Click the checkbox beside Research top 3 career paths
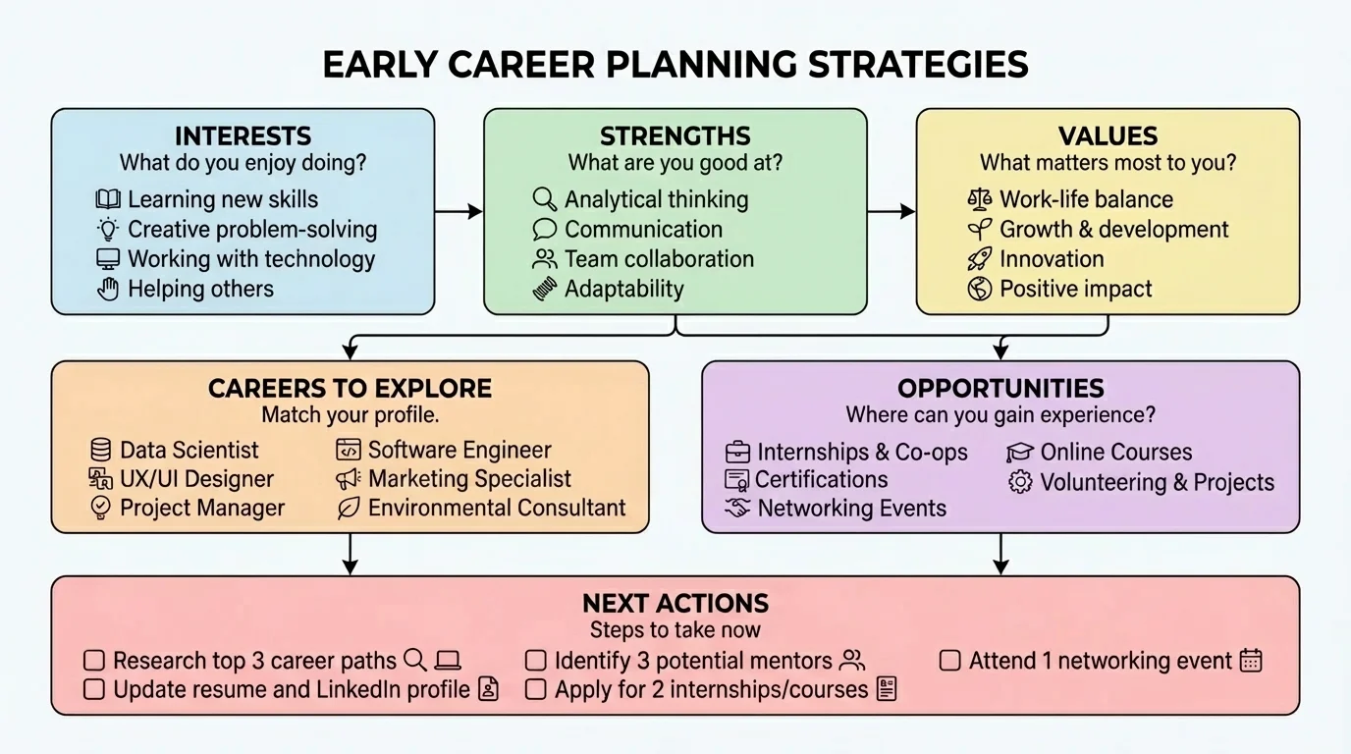click(94, 661)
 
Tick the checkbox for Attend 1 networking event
click(949, 661)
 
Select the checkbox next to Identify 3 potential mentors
click(535, 661)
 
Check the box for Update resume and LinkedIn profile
click(94, 690)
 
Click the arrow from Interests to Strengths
click(459, 211)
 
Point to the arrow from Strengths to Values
click(892, 211)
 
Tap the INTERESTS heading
click(243, 135)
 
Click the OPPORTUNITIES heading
click(1000, 388)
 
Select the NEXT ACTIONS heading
click(675, 603)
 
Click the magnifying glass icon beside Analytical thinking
click(544, 199)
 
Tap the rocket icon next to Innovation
click(979, 259)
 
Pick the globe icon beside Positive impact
click(979, 289)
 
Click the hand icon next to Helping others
click(108, 289)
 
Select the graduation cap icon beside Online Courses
click(1020, 453)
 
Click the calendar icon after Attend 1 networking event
click(1251, 661)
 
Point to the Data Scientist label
click(189, 450)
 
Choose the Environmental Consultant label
click(496, 508)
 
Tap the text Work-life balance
click(1086, 199)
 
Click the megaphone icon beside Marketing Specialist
click(349, 479)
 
